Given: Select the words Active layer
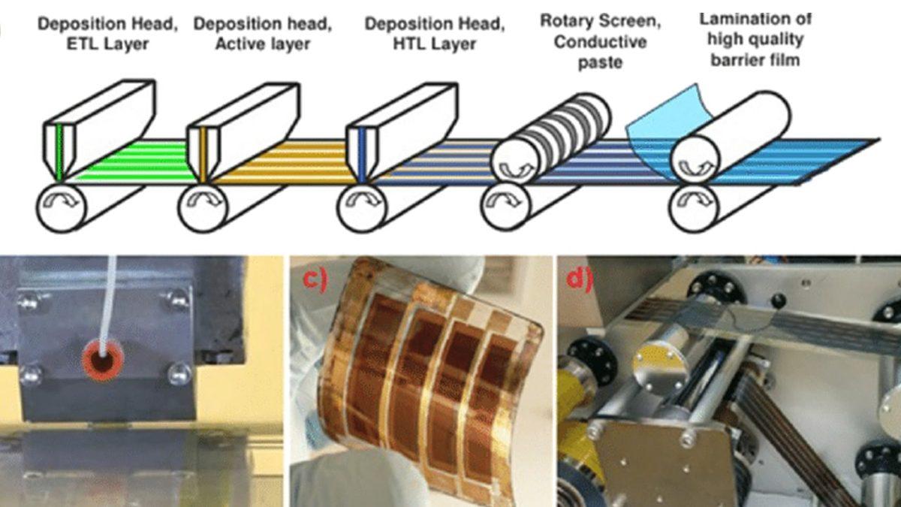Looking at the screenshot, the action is tap(263, 44).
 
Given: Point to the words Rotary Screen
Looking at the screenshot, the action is tap(600, 21).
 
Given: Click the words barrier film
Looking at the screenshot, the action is tap(755, 60).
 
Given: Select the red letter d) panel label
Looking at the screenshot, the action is tap(579, 279).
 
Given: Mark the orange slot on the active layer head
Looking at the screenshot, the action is tap(202, 154).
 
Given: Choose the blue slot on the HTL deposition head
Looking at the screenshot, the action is tap(362, 154).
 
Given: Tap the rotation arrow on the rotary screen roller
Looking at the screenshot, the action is tap(517, 169).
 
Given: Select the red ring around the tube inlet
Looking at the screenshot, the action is tap(103, 359).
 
